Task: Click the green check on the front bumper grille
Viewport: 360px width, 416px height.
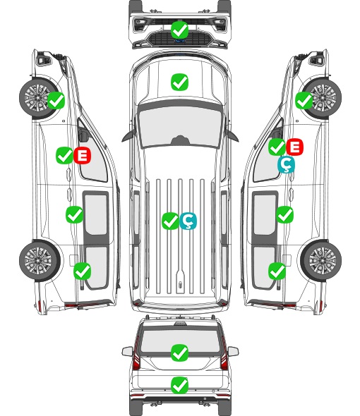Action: click(180, 30)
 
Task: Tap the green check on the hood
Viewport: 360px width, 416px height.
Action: click(180, 82)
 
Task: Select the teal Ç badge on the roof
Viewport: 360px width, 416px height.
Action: click(188, 221)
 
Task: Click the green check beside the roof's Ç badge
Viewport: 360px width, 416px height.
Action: click(170, 221)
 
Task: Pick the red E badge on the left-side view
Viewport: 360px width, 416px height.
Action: click(83, 155)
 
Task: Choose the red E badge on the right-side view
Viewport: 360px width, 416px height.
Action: click(294, 147)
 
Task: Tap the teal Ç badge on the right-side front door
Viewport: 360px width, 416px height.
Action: click(286, 164)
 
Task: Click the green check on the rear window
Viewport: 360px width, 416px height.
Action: click(180, 353)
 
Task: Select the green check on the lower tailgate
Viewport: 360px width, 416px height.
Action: click(180, 385)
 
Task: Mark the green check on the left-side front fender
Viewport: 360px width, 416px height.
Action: click(56, 100)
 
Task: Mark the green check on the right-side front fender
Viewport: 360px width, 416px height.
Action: click(304, 100)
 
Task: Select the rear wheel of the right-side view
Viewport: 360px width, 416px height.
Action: click(322, 261)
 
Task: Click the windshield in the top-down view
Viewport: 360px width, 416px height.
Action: click(180, 125)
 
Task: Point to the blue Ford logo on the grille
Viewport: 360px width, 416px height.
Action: click(180, 41)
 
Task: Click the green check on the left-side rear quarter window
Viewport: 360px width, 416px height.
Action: click(83, 271)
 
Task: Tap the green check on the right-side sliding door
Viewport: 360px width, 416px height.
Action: click(284, 214)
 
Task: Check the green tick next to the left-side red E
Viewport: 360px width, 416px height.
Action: click(64, 155)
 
